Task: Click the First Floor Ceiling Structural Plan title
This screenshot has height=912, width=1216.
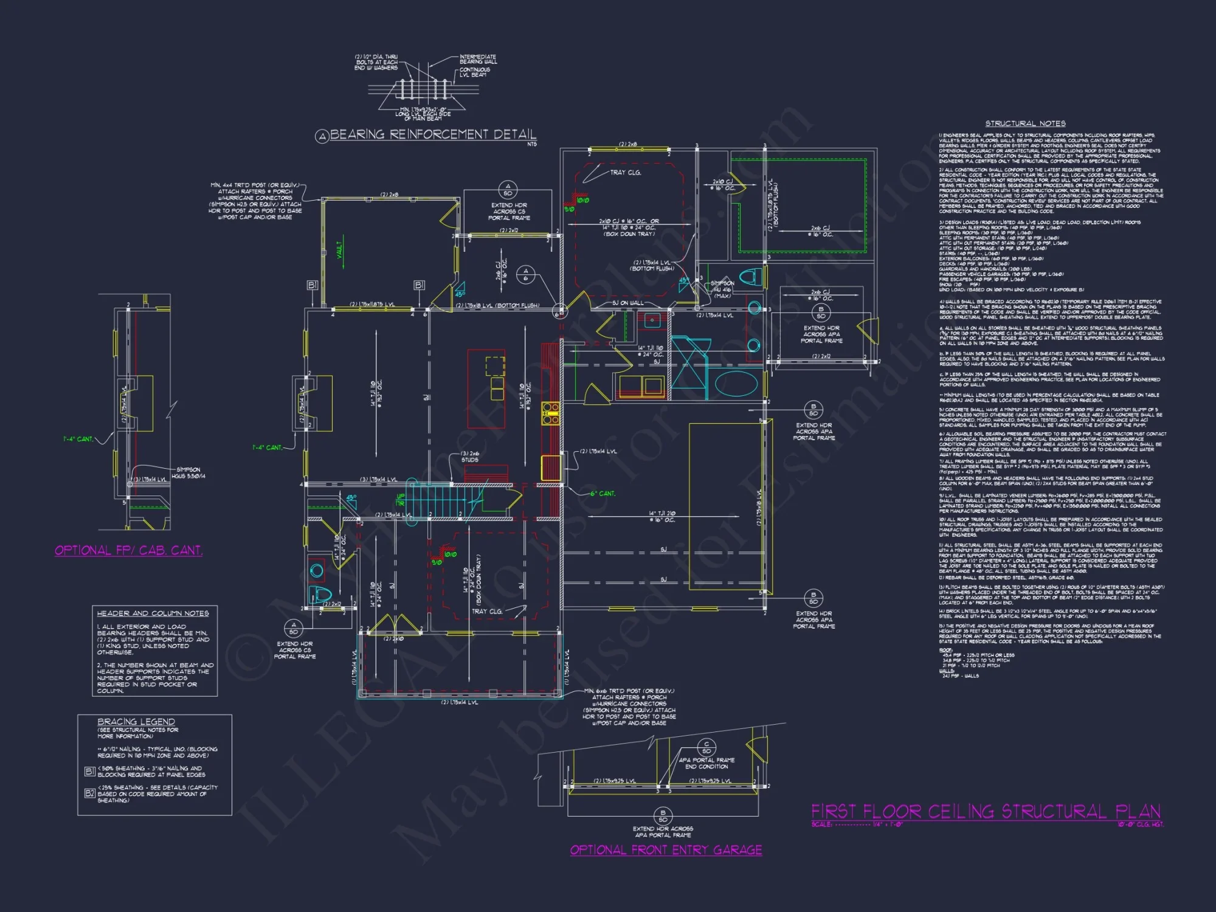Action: [x=986, y=812]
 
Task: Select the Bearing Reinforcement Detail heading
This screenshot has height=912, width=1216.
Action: [x=433, y=134]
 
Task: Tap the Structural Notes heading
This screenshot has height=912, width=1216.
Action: [x=1025, y=123]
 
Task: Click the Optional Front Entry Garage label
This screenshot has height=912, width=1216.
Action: [x=666, y=850]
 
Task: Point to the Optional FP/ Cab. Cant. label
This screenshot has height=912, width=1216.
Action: [x=128, y=550]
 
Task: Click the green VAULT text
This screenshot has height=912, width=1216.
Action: [x=340, y=249]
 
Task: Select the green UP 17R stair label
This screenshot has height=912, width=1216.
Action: [x=400, y=500]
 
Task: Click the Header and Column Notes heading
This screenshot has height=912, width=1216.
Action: [x=153, y=613]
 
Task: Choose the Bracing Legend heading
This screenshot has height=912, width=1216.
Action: [x=136, y=722]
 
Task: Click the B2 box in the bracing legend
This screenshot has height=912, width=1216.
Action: [x=89, y=793]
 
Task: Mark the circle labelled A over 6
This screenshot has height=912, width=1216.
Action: [x=526, y=274]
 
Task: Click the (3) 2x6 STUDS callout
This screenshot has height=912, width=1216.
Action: [x=470, y=457]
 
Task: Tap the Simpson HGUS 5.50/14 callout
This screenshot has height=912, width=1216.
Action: [x=188, y=472]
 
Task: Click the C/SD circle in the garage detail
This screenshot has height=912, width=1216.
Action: [x=706, y=747]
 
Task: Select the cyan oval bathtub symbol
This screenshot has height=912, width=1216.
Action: [x=736, y=384]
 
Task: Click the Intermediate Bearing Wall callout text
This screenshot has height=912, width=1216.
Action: [x=478, y=59]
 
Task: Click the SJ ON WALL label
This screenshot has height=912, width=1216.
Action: [x=627, y=303]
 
